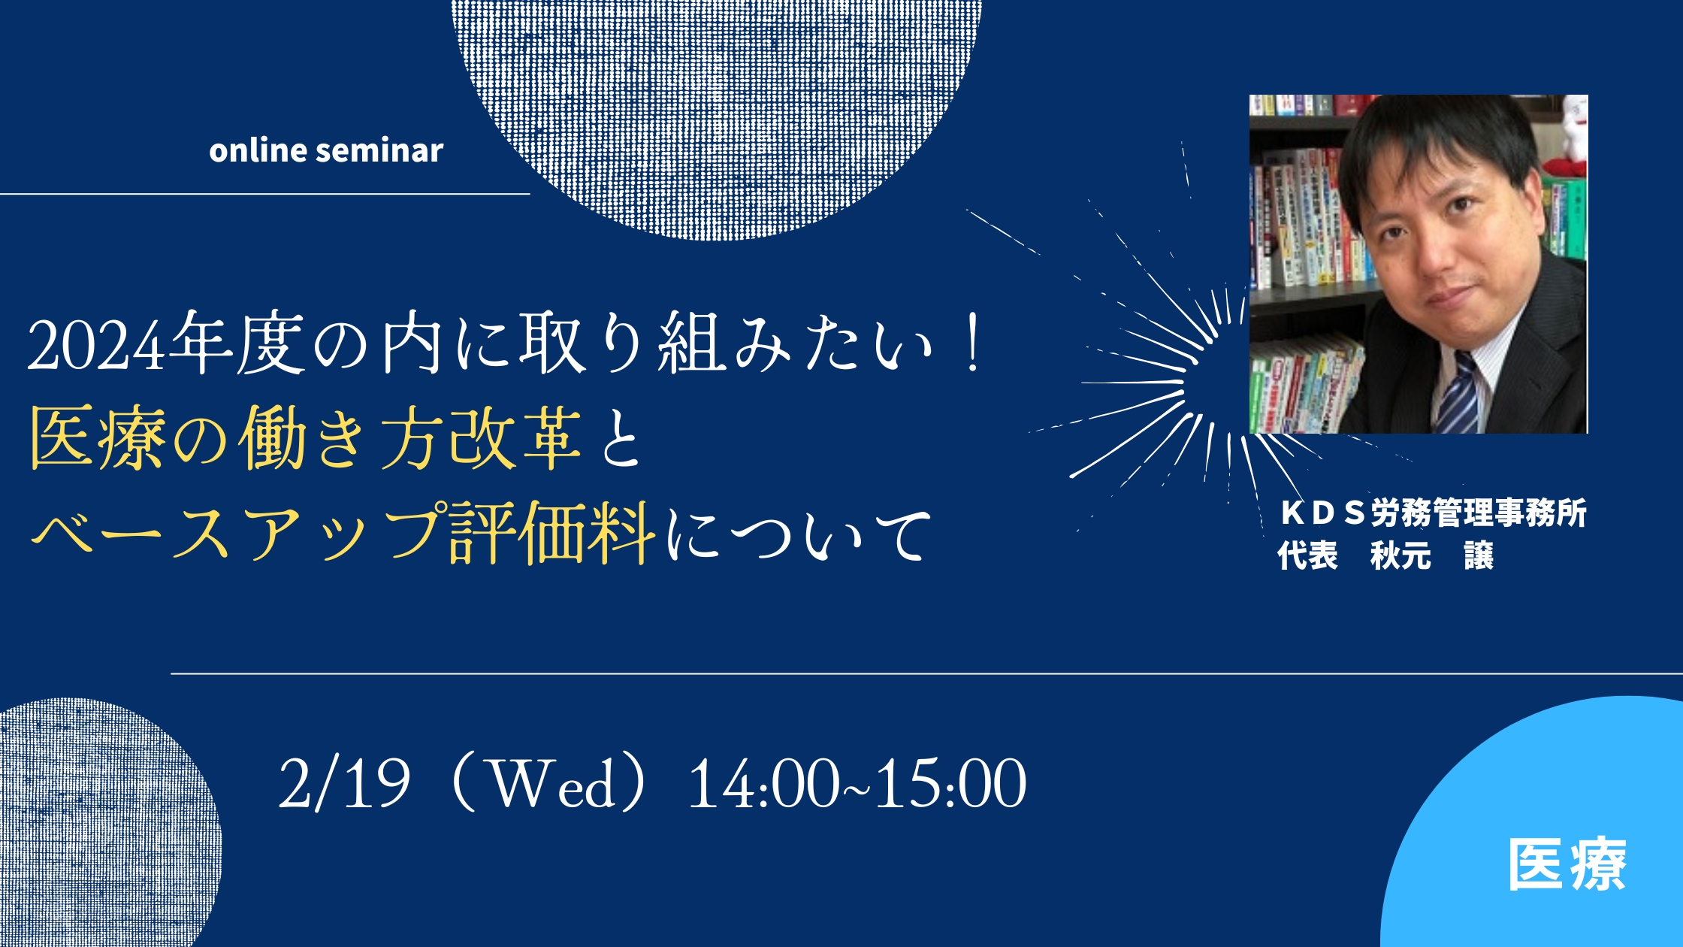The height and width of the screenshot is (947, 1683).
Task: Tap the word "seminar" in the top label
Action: (379, 150)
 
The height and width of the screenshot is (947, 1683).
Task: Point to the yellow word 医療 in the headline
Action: (98, 437)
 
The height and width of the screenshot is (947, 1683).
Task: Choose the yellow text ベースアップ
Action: (237, 532)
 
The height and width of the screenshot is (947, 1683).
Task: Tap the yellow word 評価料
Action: (552, 532)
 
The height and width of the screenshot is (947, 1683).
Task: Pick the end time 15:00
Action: (951, 784)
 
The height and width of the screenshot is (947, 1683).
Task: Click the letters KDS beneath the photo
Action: (1322, 513)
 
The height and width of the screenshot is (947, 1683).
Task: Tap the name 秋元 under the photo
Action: (1400, 556)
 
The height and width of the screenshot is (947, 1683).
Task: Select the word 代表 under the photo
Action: (1308, 556)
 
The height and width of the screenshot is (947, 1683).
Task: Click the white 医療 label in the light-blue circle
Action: (1567, 864)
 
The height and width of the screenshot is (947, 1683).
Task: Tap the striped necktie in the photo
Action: (1458, 395)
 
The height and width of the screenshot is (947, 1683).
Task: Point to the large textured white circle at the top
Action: (717, 113)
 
